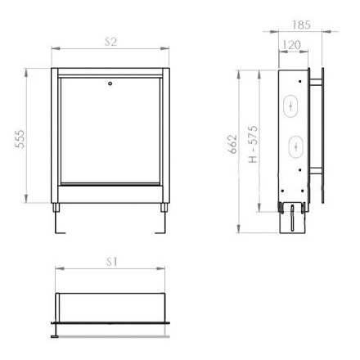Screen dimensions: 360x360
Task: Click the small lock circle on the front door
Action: pyautogui.click(x=110, y=83)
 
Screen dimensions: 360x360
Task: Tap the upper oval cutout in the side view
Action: pyautogui.click(x=294, y=106)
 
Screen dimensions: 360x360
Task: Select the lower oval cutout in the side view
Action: pyautogui.click(x=294, y=146)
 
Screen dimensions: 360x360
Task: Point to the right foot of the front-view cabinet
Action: pyautogui.click(x=164, y=220)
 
